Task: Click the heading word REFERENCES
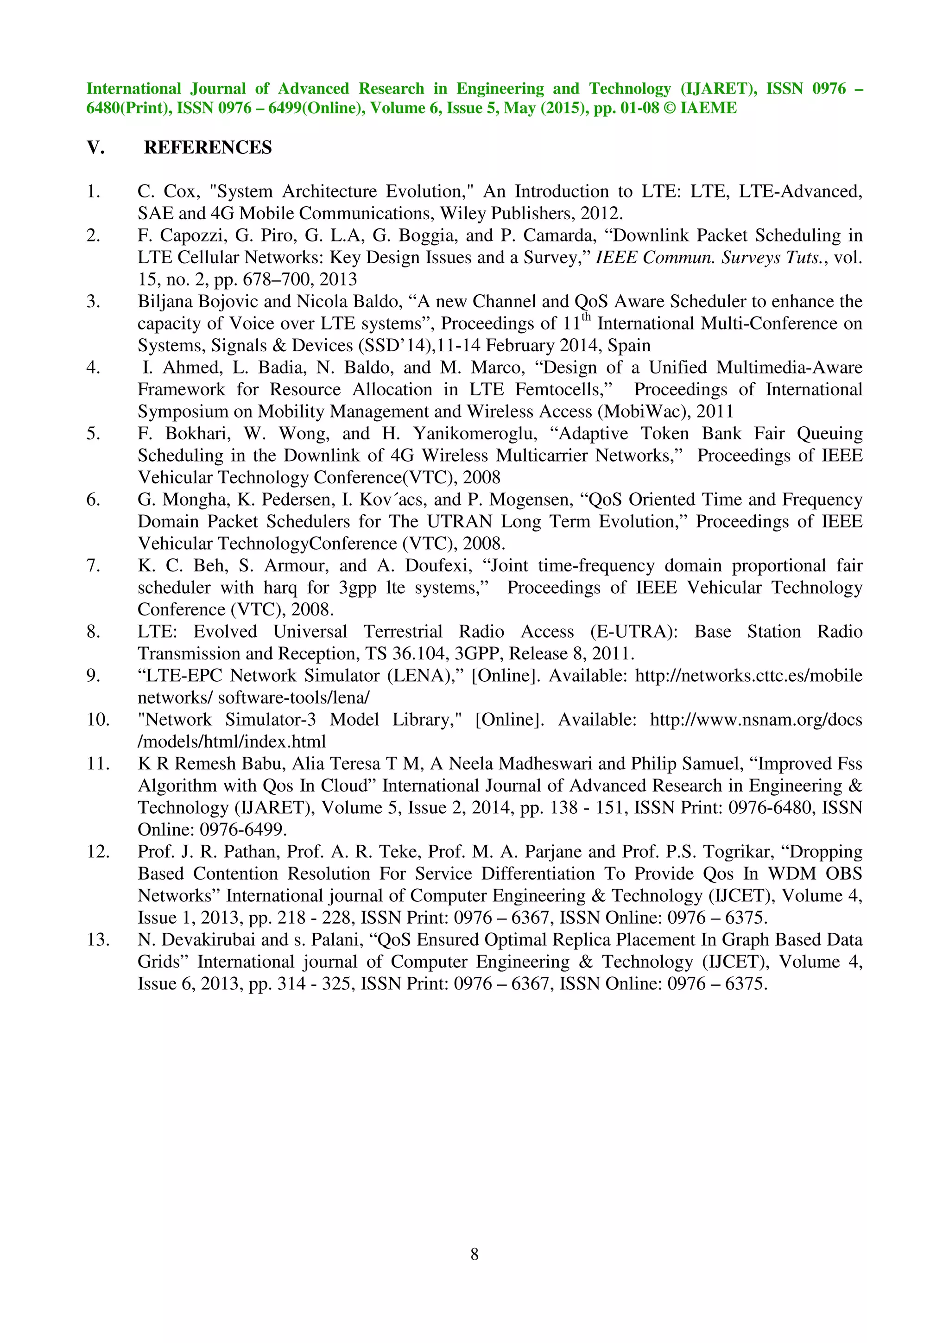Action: pos(208,147)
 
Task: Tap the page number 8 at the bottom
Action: pos(474,1254)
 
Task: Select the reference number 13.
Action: pos(98,940)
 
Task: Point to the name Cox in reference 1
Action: pos(179,192)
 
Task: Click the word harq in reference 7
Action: pos(280,588)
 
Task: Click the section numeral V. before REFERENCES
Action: pos(95,147)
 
